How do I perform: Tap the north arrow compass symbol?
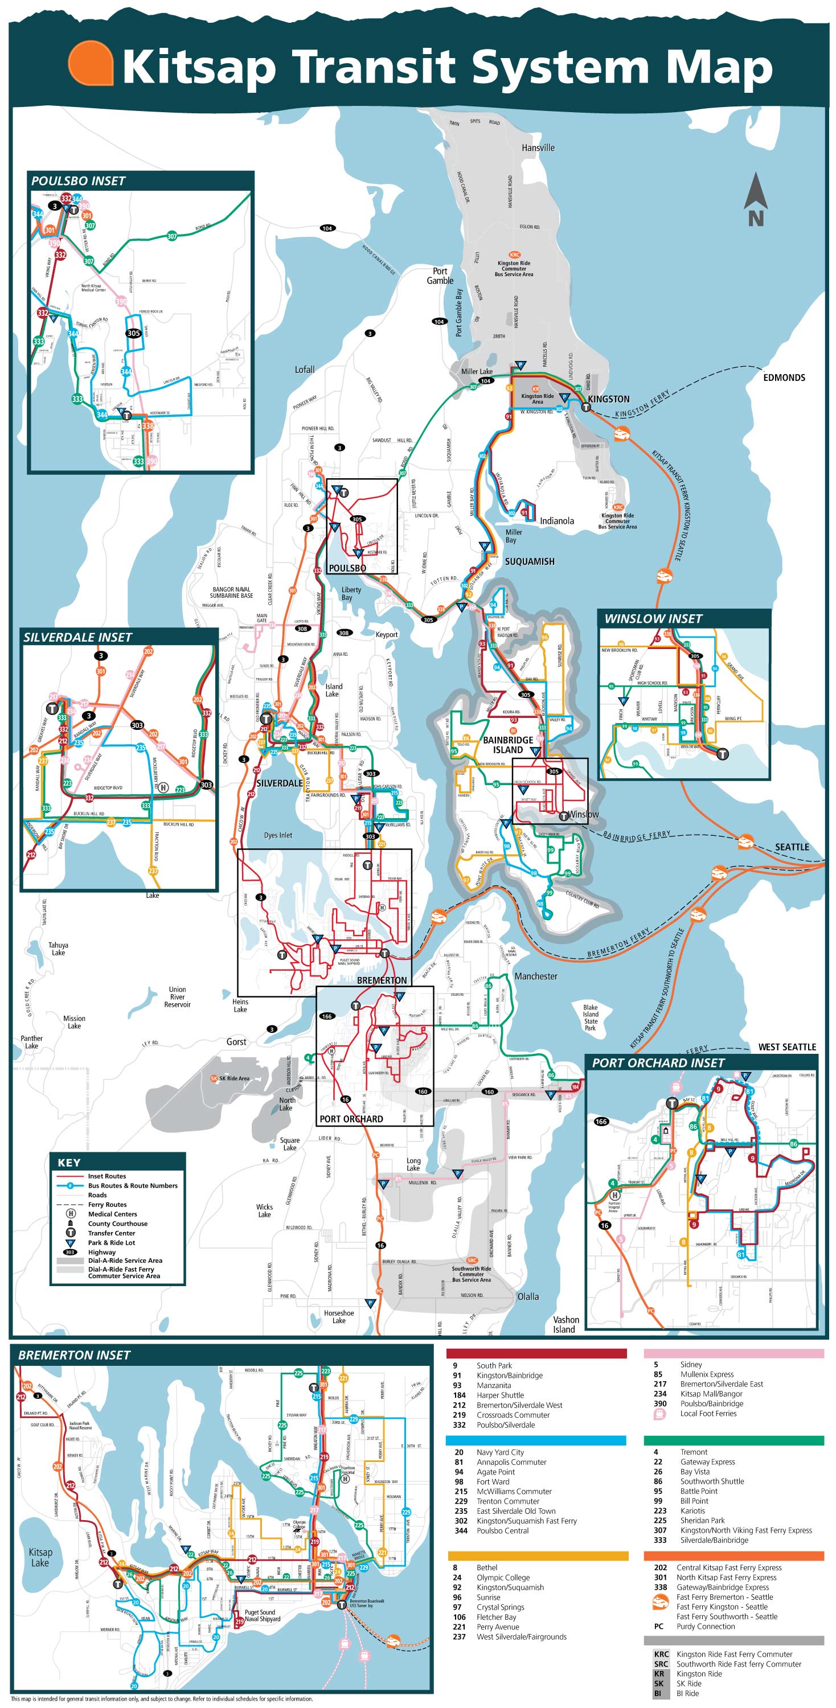tap(755, 199)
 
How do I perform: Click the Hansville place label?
tap(538, 148)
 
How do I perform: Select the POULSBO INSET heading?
tap(78, 181)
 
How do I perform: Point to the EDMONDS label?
tap(784, 378)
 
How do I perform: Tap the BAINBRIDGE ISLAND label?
tap(508, 745)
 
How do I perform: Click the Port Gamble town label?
tap(440, 276)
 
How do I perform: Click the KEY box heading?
tap(69, 1163)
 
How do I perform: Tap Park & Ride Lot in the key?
tap(110, 1242)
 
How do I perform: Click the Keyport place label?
tap(387, 635)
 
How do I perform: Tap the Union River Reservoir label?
tap(177, 996)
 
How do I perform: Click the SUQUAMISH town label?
tap(529, 561)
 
